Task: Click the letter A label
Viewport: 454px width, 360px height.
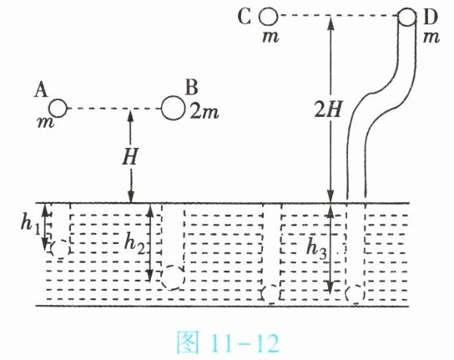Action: [41, 89]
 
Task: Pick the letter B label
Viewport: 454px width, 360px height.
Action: [192, 87]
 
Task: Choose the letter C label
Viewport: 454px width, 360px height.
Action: [244, 17]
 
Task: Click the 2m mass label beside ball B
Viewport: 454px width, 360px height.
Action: [204, 112]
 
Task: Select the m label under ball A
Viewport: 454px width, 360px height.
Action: [46, 123]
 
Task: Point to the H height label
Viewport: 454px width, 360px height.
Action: [129, 156]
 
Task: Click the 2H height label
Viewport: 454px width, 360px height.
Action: [328, 110]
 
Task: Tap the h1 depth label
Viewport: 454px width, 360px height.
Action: [30, 223]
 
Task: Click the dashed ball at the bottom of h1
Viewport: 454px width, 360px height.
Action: [61, 249]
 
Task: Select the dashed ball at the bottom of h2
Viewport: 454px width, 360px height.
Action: [173, 277]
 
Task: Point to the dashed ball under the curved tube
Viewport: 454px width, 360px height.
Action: [355, 294]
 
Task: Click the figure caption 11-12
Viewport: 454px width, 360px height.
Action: [228, 343]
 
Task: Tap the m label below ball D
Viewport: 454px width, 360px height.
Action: [431, 37]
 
